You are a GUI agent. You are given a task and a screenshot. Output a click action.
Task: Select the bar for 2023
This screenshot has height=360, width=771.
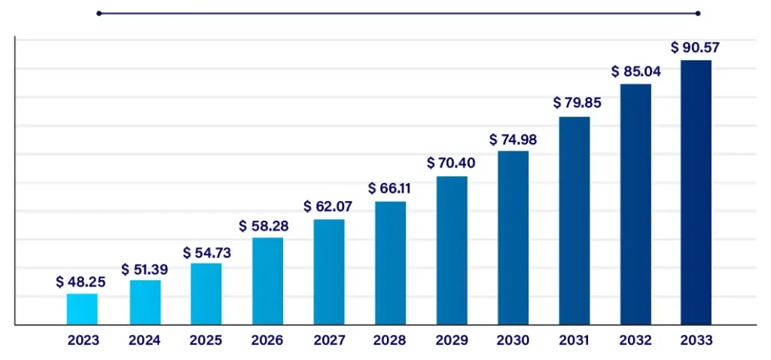[x=82, y=309]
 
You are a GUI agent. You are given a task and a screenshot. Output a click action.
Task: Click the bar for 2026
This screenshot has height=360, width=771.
[x=267, y=281]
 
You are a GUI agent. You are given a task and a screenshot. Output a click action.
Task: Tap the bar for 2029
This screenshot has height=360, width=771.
[x=452, y=250]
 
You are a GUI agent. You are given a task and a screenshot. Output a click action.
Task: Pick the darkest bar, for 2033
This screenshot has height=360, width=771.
[x=696, y=192]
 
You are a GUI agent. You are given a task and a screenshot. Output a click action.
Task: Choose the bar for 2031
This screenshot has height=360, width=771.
[x=574, y=221]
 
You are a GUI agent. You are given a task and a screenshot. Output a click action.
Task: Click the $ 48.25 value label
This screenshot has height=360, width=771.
[x=81, y=282]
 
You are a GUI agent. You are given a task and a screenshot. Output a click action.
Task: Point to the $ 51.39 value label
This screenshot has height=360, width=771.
[x=145, y=269]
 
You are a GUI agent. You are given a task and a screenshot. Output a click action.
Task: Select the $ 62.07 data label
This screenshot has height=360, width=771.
[x=328, y=206]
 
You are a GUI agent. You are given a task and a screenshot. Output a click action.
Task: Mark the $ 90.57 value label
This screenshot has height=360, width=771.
[x=696, y=47]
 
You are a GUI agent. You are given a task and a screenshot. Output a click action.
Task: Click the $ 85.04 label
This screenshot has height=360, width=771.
[x=636, y=73]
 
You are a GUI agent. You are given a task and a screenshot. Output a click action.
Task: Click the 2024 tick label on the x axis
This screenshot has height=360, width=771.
[x=145, y=340]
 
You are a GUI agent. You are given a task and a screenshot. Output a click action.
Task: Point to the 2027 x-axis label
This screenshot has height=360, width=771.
[x=329, y=340]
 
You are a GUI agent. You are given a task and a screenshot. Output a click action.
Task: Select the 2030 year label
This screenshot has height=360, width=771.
[x=513, y=340]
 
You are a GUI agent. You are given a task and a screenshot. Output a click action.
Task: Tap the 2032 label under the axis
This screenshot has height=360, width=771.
[x=635, y=340]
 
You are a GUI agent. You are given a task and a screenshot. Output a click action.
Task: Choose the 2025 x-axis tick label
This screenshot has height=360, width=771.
[x=206, y=340]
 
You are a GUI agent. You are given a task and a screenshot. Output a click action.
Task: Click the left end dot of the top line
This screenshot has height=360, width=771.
[x=99, y=13]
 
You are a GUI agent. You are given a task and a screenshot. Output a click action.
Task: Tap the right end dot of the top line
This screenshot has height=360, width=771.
[x=698, y=13]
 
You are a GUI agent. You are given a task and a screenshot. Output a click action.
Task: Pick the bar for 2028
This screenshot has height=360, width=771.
[x=391, y=263]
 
